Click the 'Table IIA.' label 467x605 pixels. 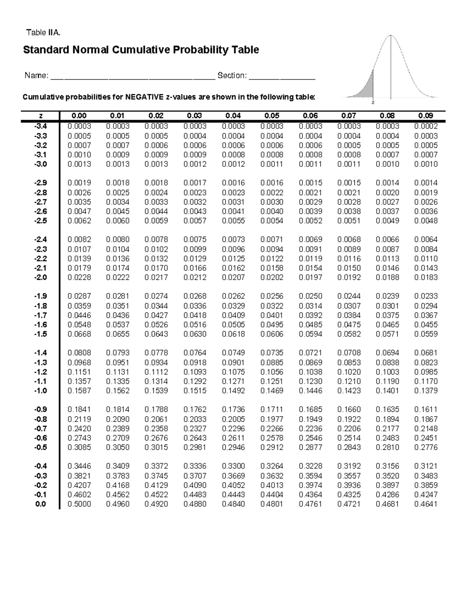click(43, 33)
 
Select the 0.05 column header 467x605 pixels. click(272, 116)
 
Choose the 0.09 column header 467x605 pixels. click(425, 116)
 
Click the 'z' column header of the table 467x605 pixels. click(41, 116)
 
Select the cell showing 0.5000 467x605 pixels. click(79, 504)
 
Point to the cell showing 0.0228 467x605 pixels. click(79, 277)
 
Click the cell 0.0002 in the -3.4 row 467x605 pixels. click(426, 126)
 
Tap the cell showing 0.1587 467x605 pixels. click(79, 391)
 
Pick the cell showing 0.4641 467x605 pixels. click(426, 504)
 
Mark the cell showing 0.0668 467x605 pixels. click(79, 334)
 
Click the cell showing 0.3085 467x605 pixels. click(79, 448)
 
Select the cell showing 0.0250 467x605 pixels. click(310, 296)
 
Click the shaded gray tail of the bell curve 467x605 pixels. click(368, 90)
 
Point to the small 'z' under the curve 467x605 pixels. click(373, 103)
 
